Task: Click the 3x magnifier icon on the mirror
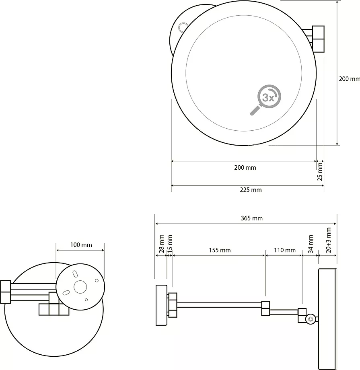click(x=266, y=100)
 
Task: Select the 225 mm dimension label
click(x=251, y=190)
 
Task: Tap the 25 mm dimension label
click(x=320, y=172)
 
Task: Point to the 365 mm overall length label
click(x=252, y=218)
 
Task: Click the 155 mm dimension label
click(x=220, y=250)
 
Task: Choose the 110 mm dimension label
click(x=285, y=250)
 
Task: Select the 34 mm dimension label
click(x=311, y=244)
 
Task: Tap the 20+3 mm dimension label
click(x=328, y=240)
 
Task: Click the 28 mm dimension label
click(x=161, y=244)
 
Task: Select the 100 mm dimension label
click(x=81, y=245)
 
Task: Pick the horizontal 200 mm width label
click(x=245, y=168)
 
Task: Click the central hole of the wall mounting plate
click(x=80, y=287)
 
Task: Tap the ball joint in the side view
click(x=311, y=319)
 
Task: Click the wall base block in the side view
click(x=161, y=305)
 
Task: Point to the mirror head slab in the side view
click(x=327, y=319)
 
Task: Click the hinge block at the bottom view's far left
click(x=5, y=292)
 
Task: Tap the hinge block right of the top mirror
click(x=318, y=39)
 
